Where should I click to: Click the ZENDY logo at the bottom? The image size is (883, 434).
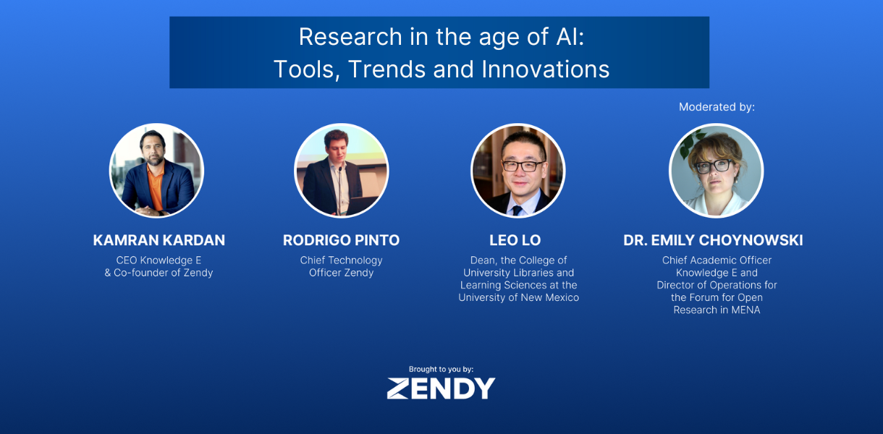click(x=441, y=388)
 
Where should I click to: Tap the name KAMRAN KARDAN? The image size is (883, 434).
click(x=159, y=240)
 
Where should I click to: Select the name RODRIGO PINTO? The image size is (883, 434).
click(x=341, y=240)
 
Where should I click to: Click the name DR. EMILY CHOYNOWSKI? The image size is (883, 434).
click(x=713, y=240)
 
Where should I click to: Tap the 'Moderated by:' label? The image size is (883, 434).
click(x=717, y=107)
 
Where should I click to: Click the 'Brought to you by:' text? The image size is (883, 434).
click(x=441, y=369)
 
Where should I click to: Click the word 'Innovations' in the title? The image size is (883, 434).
click(x=546, y=69)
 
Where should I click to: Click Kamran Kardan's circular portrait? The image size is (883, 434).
click(x=156, y=170)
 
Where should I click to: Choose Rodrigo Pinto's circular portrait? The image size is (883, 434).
click(x=341, y=170)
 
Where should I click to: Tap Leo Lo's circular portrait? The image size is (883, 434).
click(x=518, y=170)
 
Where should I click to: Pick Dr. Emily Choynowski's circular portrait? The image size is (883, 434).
click(x=716, y=170)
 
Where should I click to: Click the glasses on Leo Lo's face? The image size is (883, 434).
click(x=520, y=166)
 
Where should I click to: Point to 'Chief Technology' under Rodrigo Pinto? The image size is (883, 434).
click(x=341, y=260)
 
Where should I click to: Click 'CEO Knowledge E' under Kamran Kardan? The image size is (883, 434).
click(x=159, y=260)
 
